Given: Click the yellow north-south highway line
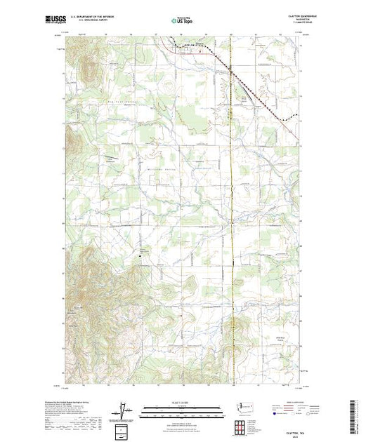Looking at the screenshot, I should click(233, 210).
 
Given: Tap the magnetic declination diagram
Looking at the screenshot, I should click(125, 410).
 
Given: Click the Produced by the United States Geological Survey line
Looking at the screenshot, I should click(70, 403).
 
